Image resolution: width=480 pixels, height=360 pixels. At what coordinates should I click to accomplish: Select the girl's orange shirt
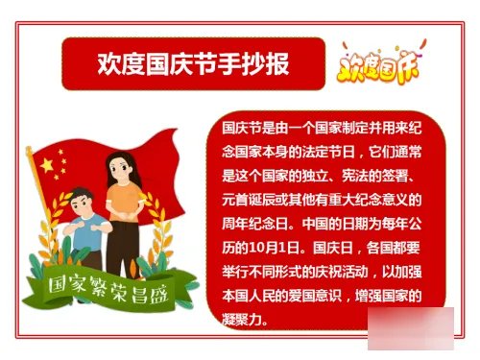click(x=122, y=204)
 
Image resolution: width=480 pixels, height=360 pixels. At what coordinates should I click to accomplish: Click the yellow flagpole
click(x=42, y=230)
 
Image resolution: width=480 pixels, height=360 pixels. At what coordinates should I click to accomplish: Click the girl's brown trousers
click(x=122, y=250)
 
